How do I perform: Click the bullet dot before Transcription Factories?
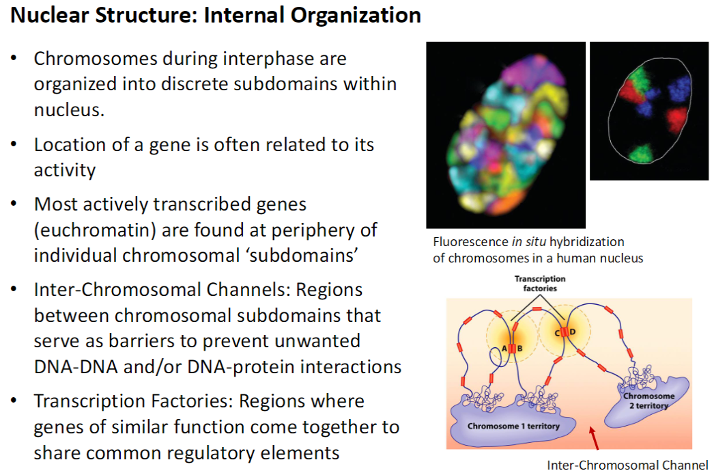pos(14,401)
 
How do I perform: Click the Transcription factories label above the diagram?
pos(540,284)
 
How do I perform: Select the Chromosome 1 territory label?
pos(513,427)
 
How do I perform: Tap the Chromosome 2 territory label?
pos(648,401)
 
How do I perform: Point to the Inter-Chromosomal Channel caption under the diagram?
pos(627,465)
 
